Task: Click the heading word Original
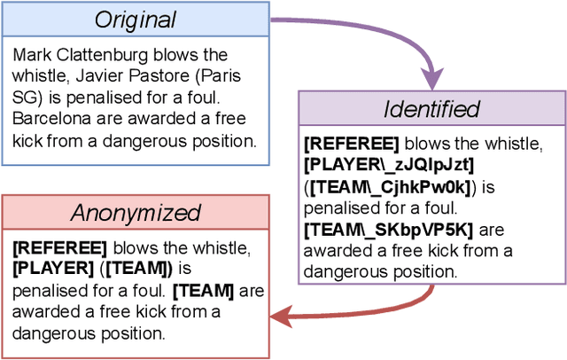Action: click(x=136, y=20)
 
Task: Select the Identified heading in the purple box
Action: click(x=431, y=109)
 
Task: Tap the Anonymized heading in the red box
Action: click(x=136, y=213)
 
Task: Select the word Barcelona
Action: click(x=49, y=118)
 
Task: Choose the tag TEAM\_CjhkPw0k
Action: click(x=391, y=186)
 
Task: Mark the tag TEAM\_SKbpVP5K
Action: click(x=388, y=230)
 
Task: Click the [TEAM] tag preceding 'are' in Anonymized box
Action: click(x=204, y=290)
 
